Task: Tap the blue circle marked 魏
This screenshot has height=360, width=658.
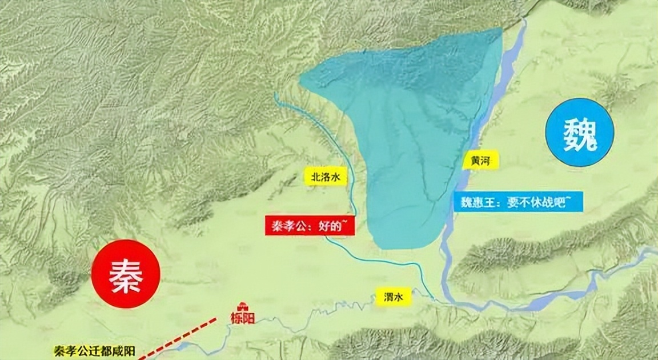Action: (x=580, y=135)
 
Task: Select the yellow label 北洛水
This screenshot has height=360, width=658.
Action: (x=325, y=177)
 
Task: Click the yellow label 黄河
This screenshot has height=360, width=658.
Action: (x=482, y=161)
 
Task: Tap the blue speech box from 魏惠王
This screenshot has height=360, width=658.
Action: (x=511, y=201)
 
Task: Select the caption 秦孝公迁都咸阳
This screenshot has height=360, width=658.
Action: (x=92, y=351)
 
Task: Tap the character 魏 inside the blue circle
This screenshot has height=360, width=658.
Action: (x=580, y=135)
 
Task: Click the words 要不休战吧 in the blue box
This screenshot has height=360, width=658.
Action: (x=531, y=201)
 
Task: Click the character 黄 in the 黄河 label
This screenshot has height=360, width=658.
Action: (x=476, y=161)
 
